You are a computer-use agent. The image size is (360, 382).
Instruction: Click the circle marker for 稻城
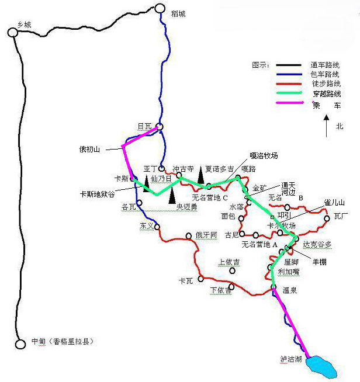point(160,8)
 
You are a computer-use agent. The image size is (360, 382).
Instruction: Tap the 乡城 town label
point(25,25)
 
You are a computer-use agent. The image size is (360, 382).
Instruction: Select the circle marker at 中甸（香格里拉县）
point(20,344)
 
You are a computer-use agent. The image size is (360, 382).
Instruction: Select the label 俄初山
point(90,149)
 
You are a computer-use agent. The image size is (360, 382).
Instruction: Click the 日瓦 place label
point(144,126)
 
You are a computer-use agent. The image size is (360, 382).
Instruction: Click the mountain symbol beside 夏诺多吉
point(200,173)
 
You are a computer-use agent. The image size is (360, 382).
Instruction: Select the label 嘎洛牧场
point(264,156)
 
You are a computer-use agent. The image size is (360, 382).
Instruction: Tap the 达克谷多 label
point(317,245)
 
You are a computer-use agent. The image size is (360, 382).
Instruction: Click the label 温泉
point(290,289)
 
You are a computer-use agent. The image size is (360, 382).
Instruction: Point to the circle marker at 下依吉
point(232,287)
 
